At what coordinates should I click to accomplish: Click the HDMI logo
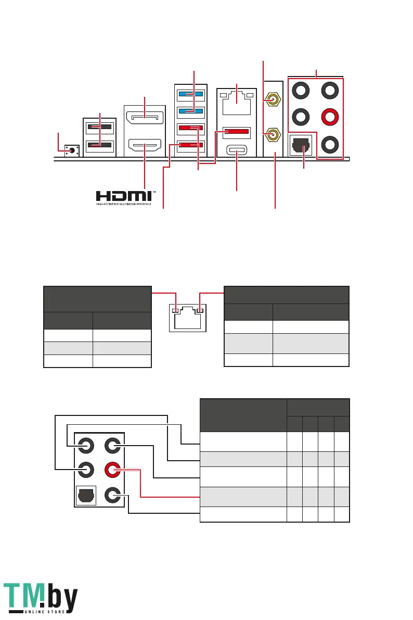124,197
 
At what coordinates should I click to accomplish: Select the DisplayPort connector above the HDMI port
145,118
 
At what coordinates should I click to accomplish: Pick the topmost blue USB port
190,95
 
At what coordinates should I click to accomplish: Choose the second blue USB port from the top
190,111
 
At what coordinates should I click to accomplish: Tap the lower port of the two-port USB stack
99,145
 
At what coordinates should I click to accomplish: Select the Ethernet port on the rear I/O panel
237,105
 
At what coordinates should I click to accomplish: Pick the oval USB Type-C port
237,153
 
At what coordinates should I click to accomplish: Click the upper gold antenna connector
272,97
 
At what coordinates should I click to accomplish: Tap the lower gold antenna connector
272,136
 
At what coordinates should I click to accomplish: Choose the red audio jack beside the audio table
113,470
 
